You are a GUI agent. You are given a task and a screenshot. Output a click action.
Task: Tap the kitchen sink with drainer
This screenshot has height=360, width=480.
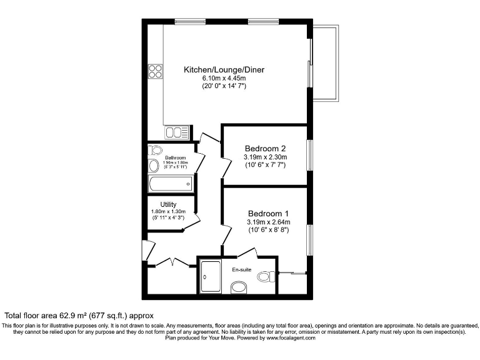177,132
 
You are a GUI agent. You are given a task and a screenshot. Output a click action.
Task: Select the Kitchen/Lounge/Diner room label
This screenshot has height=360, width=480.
223,70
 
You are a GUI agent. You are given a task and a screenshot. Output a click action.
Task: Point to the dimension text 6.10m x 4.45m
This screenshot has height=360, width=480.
223,78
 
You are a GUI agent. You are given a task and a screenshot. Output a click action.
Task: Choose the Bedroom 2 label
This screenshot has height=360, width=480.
265,148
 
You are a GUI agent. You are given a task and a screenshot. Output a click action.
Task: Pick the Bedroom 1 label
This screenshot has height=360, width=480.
268,213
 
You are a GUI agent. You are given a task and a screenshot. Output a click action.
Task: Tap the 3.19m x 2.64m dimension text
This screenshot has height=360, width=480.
268,222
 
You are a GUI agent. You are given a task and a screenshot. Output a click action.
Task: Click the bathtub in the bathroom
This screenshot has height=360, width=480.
171,184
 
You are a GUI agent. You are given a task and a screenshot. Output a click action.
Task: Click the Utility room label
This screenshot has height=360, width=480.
168,204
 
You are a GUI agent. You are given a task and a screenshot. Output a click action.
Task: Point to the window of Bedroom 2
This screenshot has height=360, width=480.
309,155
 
